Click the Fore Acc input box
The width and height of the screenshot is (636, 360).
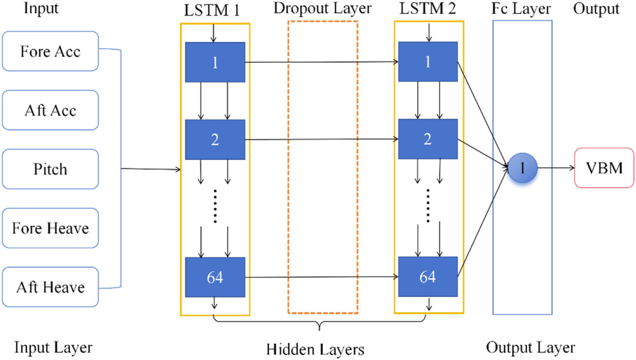point(50,51)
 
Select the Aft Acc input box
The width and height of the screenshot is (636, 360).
point(50,111)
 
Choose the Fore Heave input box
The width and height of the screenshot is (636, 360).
point(50,228)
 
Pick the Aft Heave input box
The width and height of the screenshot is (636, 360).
point(50,287)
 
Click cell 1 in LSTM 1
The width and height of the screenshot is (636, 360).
point(215,63)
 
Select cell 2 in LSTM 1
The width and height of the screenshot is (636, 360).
point(215,139)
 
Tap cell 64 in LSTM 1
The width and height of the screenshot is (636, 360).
point(215,276)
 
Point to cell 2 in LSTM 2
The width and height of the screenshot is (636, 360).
point(428,139)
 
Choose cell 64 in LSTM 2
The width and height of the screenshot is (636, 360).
point(428,276)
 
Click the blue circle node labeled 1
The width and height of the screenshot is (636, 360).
point(523,167)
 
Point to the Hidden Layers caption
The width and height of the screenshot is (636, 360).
point(315,350)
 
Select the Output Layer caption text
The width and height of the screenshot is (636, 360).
point(530,348)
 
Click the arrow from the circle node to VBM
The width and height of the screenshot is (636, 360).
point(555,167)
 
